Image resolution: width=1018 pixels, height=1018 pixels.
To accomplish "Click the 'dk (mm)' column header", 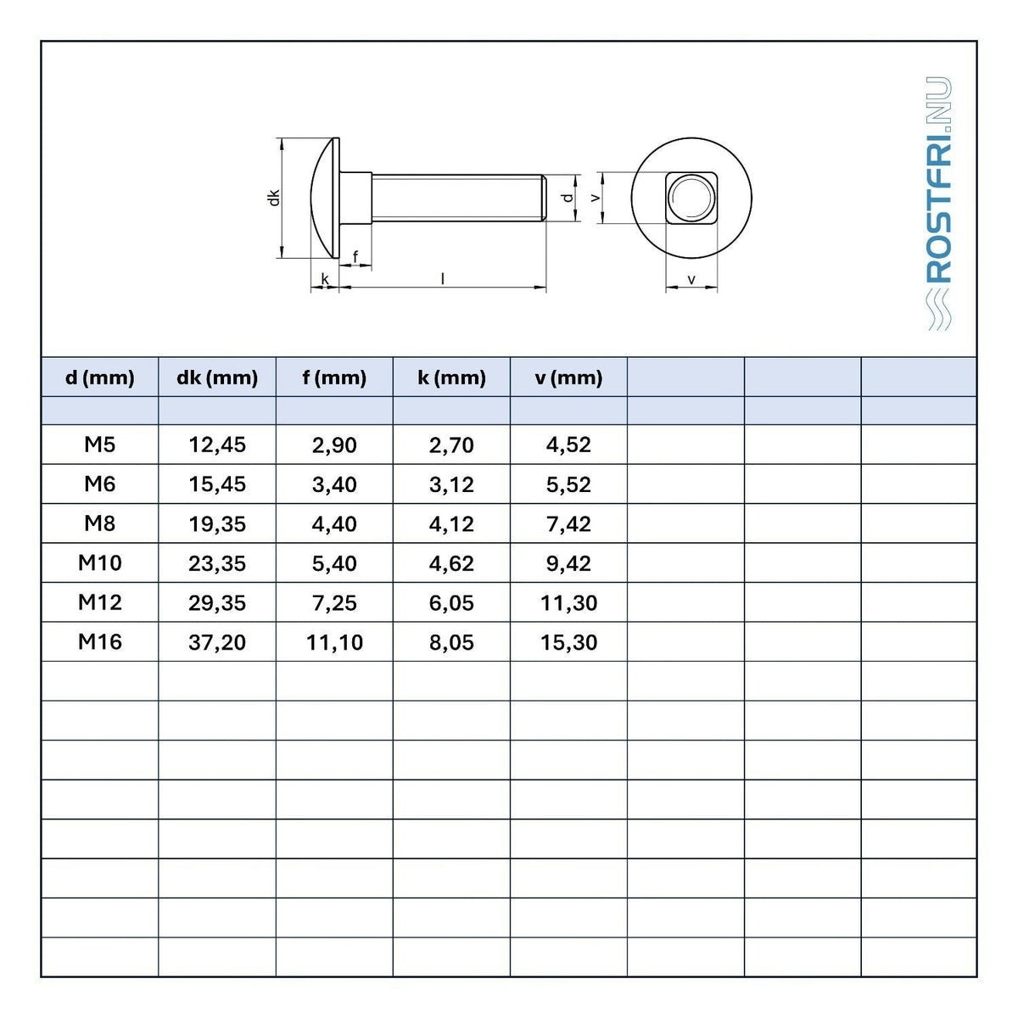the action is [217, 378].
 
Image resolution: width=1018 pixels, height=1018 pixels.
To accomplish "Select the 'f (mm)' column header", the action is [334, 378].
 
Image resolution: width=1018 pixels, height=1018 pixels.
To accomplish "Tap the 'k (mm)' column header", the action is [451, 378].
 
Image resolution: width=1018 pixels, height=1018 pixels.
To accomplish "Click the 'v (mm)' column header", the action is [568, 378].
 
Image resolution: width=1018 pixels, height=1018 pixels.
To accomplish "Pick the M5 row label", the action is [100, 445].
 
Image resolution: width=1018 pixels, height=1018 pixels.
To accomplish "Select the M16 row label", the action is [100, 642].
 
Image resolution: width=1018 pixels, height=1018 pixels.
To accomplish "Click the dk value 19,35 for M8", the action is [217, 523].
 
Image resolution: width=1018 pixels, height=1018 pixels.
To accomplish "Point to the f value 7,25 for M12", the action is [334, 603].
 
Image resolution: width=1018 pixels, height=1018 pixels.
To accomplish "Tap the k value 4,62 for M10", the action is [451, 563].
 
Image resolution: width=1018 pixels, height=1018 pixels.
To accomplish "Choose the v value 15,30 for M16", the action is [568, 642].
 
